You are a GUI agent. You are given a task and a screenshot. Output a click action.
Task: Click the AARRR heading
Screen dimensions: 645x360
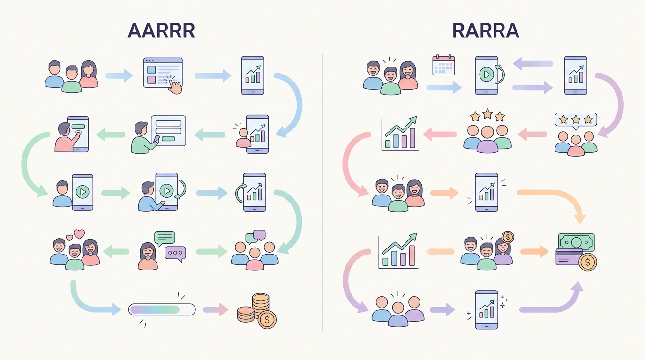[161, 30]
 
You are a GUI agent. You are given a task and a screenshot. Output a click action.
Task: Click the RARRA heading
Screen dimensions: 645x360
[486, 30]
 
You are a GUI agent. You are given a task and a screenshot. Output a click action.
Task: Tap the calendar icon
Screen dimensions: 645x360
[444, 65]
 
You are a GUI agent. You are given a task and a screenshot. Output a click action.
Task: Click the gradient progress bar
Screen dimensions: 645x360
[162, 309]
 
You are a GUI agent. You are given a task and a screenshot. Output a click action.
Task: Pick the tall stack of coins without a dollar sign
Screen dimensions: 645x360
[261, 305]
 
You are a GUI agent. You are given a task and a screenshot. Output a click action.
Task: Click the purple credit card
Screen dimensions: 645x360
[569, 257]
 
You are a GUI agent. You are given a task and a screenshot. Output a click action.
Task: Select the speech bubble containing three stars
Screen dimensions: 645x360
[576, 121]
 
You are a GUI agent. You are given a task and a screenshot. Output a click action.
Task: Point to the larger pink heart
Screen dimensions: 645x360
[79, 233]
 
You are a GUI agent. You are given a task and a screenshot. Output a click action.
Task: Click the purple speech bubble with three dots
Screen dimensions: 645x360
[175, 254]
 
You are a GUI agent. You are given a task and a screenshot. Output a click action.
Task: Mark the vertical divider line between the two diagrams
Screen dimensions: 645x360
[322, 193]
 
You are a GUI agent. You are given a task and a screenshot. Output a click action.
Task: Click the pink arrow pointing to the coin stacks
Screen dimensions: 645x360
[216, 309]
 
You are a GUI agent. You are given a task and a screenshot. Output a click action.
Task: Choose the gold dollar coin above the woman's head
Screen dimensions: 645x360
[508, 237]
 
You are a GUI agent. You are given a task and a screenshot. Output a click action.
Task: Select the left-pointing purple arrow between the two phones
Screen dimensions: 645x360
[532, 64]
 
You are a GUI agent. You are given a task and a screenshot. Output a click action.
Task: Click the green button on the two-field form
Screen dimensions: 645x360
[168, 139]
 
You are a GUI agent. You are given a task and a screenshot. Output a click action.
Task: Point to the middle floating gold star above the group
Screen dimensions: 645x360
[487, 114]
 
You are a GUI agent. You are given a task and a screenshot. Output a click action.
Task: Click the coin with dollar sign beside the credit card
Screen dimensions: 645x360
[588, 262]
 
